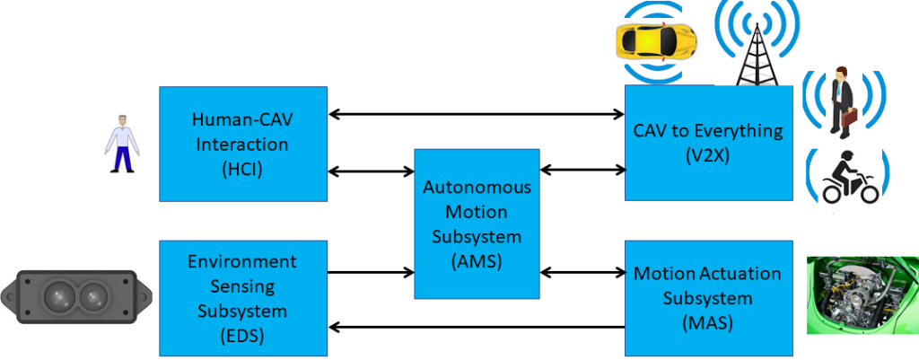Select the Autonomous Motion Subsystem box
477,224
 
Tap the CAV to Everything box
709,143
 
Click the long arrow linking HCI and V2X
477,114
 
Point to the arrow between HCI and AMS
370,171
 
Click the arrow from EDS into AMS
370,271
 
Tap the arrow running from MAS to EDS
477,328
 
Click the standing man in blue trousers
118,144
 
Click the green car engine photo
862,294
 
